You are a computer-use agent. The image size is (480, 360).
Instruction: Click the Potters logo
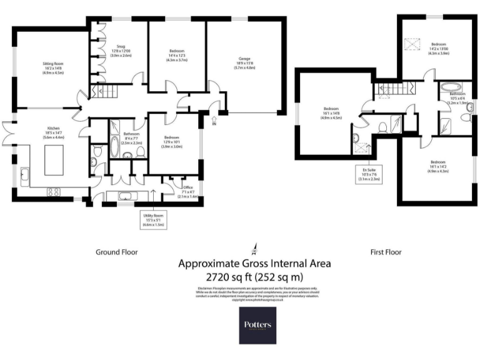pyautogui.click(x=257, y=325)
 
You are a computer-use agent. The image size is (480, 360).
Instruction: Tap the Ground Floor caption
pyautogui.click(x=116, y=252)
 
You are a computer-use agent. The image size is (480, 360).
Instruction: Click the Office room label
pyautogui.click(x=188, y=191)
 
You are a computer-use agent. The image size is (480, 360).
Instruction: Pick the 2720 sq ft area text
pyautogui.click(x=254, y=276)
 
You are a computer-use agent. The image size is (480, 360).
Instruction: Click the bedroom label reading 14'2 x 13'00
pyautogui.click(x=438, y=49)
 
